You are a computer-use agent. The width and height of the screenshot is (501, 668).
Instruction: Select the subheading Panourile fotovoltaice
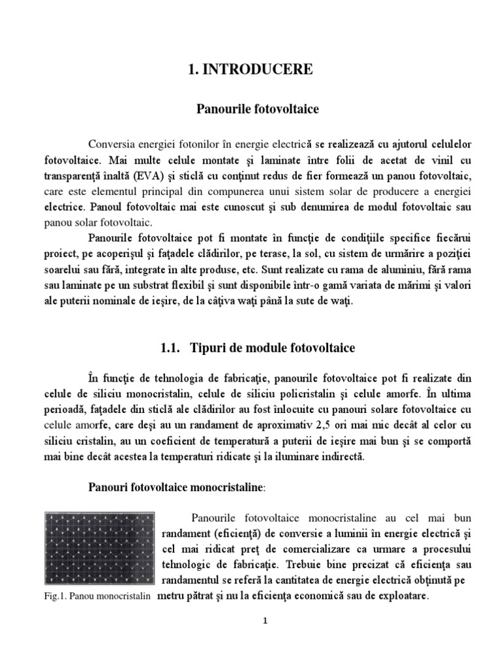click(258, 109)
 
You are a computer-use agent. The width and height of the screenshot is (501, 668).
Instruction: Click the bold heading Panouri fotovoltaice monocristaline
click(174, 488)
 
